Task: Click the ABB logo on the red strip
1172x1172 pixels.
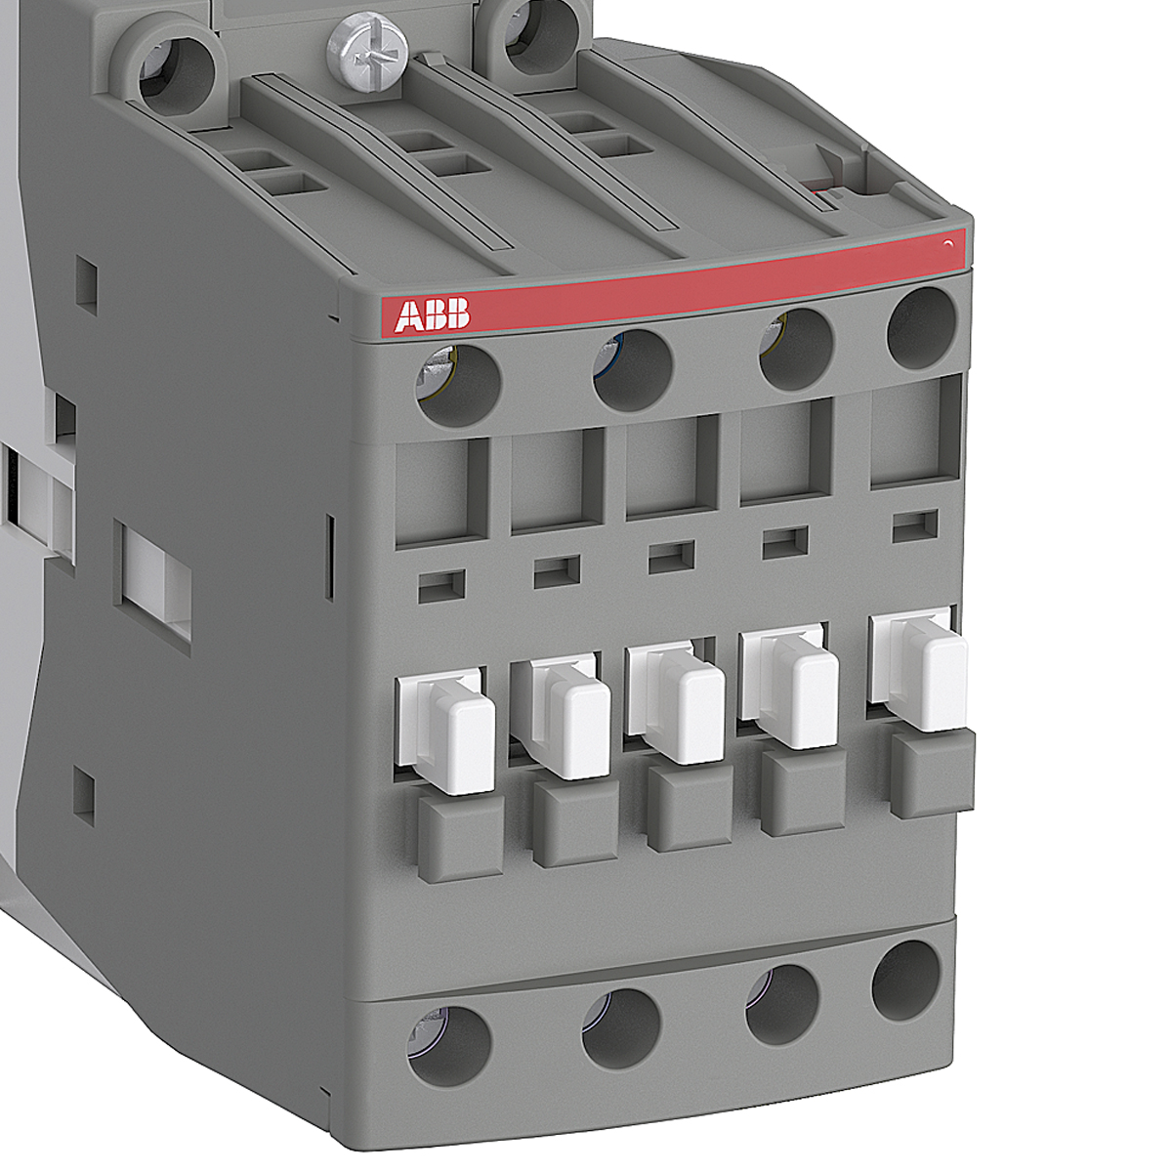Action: point(433,315)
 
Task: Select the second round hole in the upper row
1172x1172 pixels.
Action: point(633,370)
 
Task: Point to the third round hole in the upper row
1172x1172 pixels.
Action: point(795,349)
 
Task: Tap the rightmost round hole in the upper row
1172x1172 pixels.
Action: point(921,326)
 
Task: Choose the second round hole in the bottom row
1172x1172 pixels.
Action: point(621,1027)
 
